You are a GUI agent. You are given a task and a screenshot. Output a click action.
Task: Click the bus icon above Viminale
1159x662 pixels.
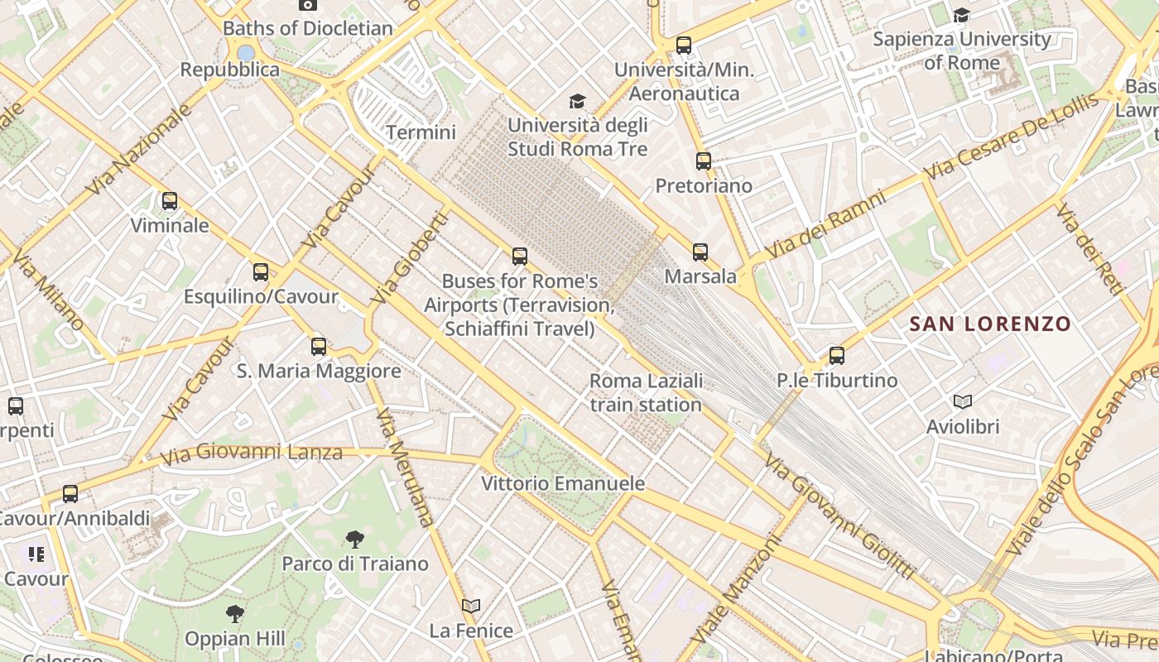[x=170, y=201]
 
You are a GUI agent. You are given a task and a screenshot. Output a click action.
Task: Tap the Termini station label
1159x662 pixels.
[x=421, y=132]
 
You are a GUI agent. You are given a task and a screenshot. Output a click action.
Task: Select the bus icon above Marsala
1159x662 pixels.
[x=700, y=252]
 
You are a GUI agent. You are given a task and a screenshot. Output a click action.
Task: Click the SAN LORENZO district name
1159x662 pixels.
[x=990, y=324]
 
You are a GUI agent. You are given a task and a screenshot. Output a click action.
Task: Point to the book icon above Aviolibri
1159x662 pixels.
[x=962, y=402]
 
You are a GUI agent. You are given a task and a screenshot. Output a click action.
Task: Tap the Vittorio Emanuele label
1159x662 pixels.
[x=563, y=483]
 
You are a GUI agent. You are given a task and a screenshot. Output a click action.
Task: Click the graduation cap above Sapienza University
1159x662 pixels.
[x=961, y=15]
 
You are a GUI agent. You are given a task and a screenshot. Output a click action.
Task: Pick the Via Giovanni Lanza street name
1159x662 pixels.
[x=251, y=453]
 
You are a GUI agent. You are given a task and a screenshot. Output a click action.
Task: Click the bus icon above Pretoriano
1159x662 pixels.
[x=704, y=161]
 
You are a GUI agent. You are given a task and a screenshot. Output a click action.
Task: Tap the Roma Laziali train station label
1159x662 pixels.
[x=646, y=392]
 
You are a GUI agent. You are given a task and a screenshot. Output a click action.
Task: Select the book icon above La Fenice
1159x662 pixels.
[x=471, y=607]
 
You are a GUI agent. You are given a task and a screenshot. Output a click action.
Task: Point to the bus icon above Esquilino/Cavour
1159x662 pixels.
[x=261, y=272]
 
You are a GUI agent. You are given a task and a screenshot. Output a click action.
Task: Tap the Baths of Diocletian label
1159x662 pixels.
[x=308, y=28]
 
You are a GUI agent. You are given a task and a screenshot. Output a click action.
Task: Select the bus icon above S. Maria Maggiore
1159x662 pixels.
[x=319, y=347]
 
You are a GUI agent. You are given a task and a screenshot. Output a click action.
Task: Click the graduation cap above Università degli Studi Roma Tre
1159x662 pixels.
[x=577, y=102]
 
